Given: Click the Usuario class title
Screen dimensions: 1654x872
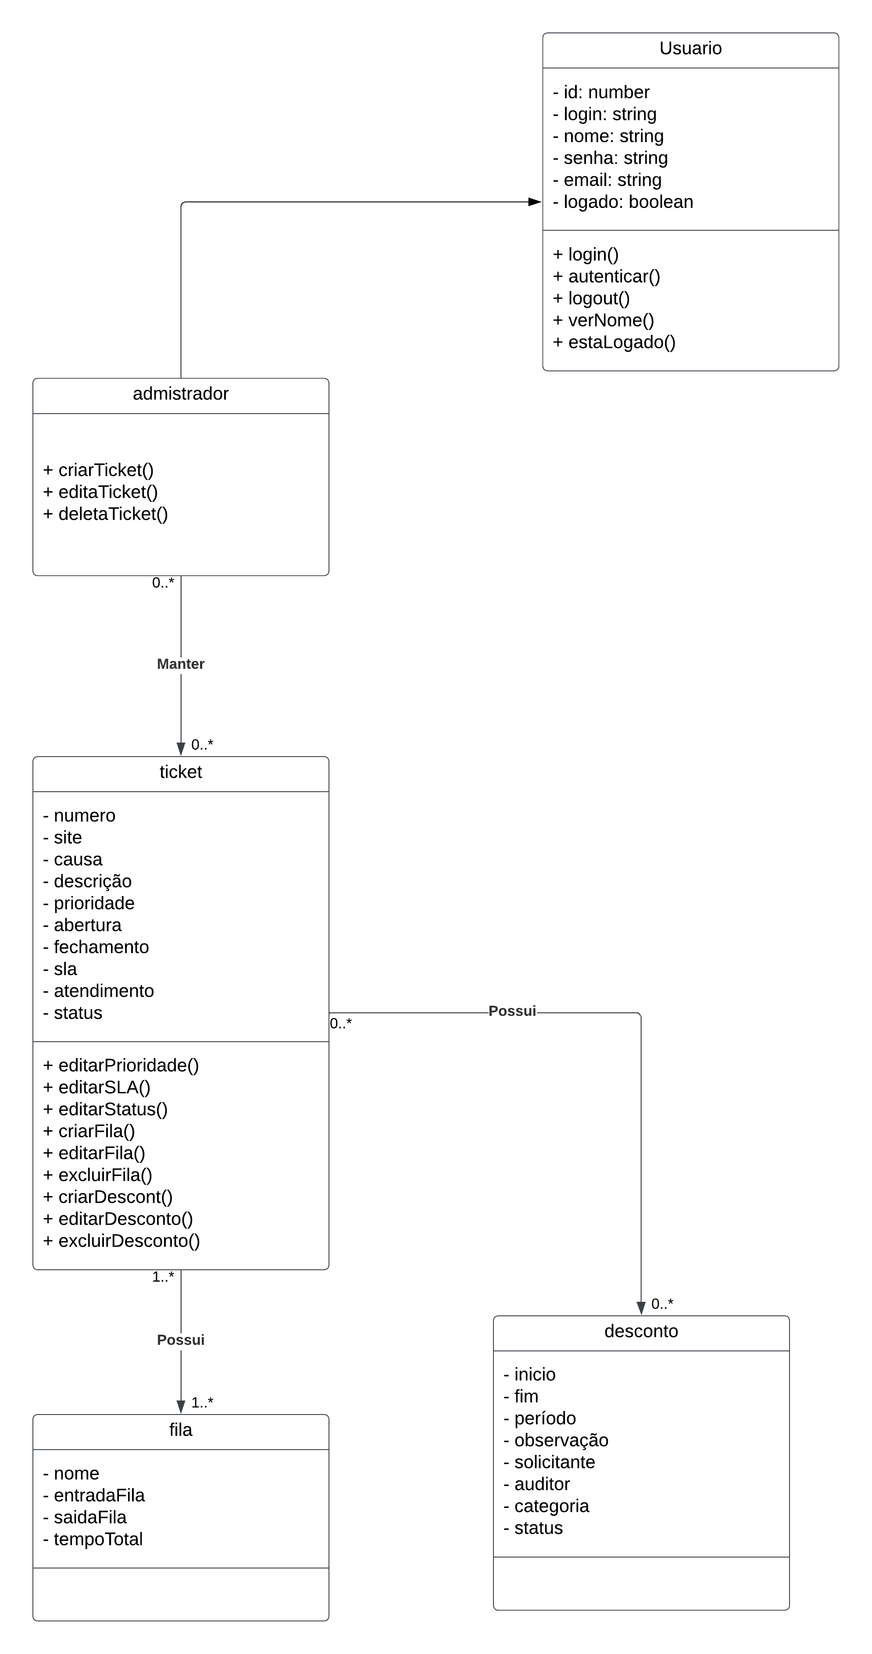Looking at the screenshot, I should tap(690, 49).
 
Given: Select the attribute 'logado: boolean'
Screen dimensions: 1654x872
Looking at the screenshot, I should tap(623, 202).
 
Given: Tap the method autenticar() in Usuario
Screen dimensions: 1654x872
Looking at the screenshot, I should tap(606, 276).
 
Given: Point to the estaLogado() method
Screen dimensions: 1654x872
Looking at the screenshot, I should tap(614, 342).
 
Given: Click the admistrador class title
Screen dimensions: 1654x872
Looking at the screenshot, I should tap(180, 393).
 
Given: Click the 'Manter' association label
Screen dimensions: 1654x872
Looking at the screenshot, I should tap(180, 664).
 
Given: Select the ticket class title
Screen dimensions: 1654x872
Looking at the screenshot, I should tap(180, 772).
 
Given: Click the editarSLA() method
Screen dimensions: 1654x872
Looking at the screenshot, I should tap(97, 1087).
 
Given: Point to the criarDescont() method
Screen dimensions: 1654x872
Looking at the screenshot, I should tap(108, 1196).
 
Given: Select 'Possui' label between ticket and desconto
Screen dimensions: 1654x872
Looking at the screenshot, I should tap(512, 1011).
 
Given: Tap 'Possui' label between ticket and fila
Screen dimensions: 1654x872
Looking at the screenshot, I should tap(180, 1340).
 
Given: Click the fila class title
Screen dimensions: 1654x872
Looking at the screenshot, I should tap(180, 1429).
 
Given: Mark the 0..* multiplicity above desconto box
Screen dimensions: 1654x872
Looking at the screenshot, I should tap(662, 1304).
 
